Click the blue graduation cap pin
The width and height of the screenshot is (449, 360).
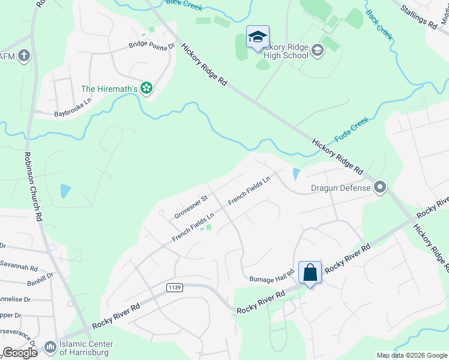(258, 37)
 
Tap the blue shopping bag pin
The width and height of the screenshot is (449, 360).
(310, 272)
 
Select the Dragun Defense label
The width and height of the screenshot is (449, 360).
(340, 188)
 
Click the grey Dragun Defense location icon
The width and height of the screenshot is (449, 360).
(379, 188)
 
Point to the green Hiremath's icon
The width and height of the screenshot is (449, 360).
(146, 89)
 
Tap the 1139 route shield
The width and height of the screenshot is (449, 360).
(173, 288)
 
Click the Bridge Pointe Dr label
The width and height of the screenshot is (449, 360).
(151, 46)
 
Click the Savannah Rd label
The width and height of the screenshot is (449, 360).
(20, 268)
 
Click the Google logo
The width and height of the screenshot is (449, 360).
(20, 353)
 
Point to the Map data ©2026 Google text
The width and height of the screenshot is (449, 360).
(411, 355)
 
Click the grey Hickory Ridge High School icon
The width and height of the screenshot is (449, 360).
(318, 52)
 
